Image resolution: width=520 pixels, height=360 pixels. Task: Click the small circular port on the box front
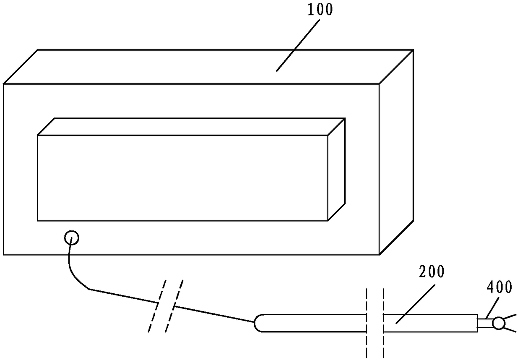coord(71,238)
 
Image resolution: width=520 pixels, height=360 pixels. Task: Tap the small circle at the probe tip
coord(499,323)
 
